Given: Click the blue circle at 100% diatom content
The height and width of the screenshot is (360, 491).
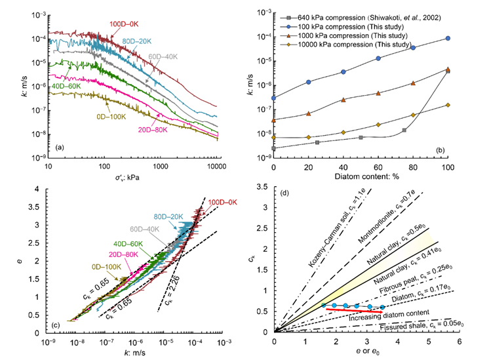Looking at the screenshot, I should tap(447, 39).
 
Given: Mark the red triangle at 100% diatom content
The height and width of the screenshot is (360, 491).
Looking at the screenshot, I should tap(447, 69).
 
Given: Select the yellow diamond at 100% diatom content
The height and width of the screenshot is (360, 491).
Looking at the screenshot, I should tap(447, 105).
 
